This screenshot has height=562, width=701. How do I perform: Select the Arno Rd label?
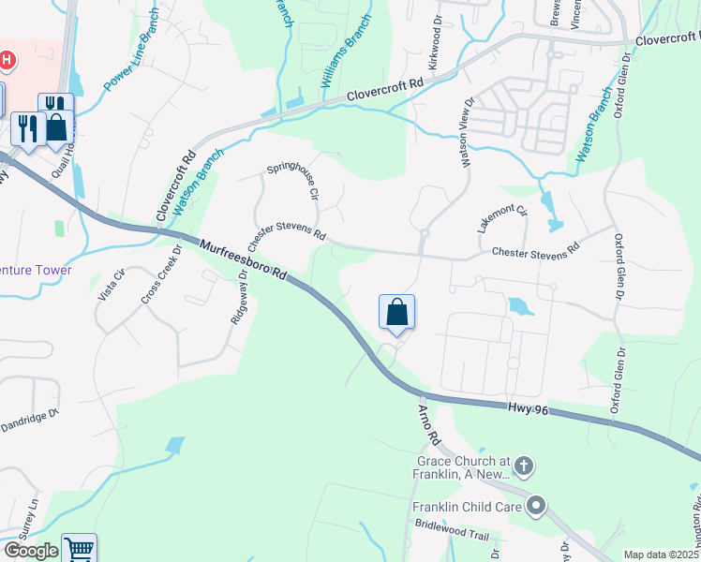pyautogui.click(x=429, y=424)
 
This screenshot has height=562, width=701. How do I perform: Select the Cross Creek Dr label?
pyautogui.click(x=158, y=281)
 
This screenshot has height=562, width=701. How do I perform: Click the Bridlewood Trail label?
pyautogui.click(x=453, y=535)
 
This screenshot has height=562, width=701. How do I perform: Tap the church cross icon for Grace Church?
pyautogui.click(x=524, y=466)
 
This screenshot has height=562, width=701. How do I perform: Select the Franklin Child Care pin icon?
pyautogui.click(x=536, y=507)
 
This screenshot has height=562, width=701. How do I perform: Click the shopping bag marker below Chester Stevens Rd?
pyautogui.click(x=396, y=312)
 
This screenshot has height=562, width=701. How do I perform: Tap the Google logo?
pyautogui.click(x=30, y=551)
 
